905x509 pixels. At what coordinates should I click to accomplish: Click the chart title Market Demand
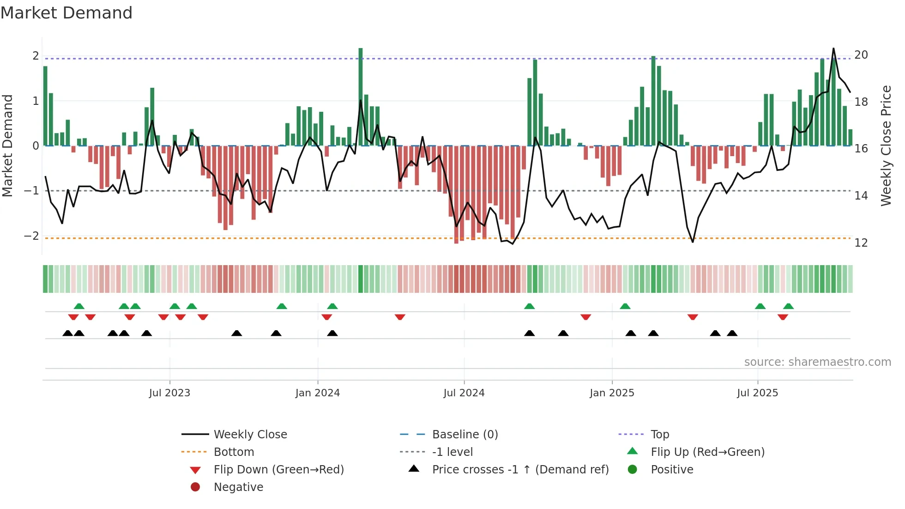(x=66, y=13)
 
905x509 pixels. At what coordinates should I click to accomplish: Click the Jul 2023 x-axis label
(x=169, y=393)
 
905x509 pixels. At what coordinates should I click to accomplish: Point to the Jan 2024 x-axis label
(x=318, y=393)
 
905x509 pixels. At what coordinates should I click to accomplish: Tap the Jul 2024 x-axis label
(x=464, y=393)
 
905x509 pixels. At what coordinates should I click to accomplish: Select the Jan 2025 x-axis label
(x=612, y=393)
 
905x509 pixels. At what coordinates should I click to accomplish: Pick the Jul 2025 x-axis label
(x=757, y=393)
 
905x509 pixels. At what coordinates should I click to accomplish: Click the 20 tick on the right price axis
(x=861, y=55)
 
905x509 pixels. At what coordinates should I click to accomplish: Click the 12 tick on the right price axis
(x=861, y=243)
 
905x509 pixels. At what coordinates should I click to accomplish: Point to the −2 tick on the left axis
(x=31, y=236)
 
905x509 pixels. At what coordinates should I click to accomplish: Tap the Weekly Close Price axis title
(x=886, y=145)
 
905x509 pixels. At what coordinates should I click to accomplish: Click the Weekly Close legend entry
(x=250, y=435)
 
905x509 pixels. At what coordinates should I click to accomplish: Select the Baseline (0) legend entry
(x=465, y=435)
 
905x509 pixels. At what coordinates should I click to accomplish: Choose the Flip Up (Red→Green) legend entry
(x=707, y=452)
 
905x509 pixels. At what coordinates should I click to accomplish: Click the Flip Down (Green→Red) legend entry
(x=278, y=470)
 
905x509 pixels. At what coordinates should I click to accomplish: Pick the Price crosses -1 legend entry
(x=520, y=470)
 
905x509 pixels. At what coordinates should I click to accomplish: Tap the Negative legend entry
(x=238, y=487)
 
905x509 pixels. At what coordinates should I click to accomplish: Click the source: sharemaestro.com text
(x=817, y=362)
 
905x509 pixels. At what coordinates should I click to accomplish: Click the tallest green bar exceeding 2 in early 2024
(x=361, y=97)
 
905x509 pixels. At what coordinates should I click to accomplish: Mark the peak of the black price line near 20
(x=833, y=48)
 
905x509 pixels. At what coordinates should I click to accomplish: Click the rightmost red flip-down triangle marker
(x=783, y=317)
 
